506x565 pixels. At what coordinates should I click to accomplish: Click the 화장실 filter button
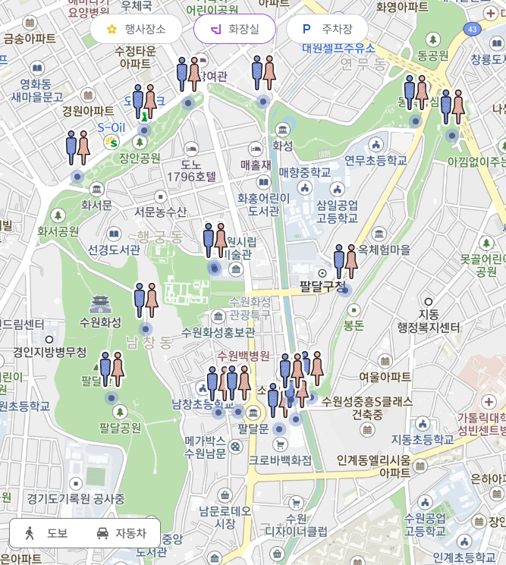234,30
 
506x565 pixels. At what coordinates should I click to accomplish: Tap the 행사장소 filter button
136,30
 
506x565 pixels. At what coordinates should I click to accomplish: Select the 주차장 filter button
327,30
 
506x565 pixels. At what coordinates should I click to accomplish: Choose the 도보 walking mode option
47,533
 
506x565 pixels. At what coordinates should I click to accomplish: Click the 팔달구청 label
322,286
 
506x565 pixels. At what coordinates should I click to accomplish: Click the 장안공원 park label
140,158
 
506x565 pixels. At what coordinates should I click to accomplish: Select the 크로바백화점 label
280,460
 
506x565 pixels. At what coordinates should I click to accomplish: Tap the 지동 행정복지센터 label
429,321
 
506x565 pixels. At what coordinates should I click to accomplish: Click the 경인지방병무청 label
50,353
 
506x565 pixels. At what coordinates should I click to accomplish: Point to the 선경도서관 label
114,250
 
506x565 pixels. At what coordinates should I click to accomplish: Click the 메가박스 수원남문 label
205,447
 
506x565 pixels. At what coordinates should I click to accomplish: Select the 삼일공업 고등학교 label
337,212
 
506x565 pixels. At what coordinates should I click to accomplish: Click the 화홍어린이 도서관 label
263,204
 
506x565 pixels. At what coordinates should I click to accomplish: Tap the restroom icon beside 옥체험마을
345,261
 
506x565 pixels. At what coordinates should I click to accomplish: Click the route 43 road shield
473,29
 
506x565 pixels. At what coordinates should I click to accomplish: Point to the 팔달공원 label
120,428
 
